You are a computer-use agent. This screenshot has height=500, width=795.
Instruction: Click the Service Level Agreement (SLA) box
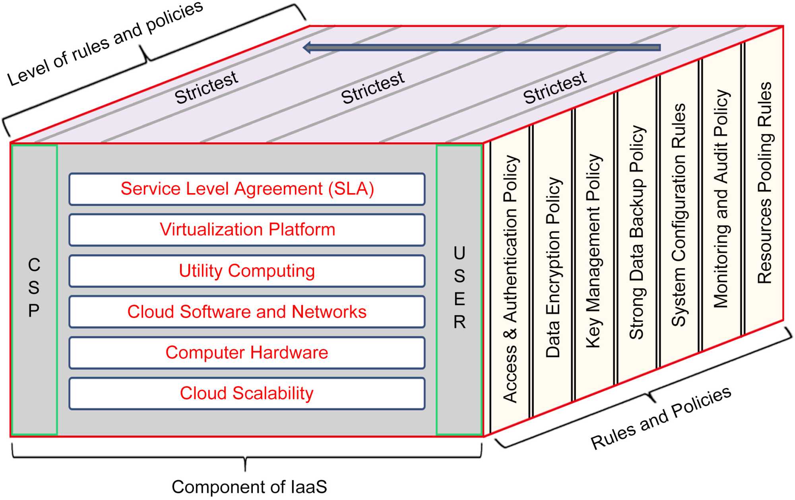point(247,189)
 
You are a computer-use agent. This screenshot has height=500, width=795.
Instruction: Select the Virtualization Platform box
point(247,230)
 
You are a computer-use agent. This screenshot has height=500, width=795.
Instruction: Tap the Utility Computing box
point(247,271)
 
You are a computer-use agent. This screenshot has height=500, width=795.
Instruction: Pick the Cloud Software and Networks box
point(247,312)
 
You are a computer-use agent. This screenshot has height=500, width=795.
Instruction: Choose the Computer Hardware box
point(247,353)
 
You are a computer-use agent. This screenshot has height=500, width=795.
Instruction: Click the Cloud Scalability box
point(247,393)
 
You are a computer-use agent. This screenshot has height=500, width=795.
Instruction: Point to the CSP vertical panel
point(34,289)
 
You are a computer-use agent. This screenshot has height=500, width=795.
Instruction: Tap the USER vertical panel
point(460,289)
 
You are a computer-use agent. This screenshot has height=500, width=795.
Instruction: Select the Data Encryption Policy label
point(553,267)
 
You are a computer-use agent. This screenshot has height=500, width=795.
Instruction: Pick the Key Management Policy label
point(594,251)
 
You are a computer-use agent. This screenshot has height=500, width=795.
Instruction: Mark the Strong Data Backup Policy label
point(637,233)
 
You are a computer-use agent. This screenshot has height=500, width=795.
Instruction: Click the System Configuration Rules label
point(679,215)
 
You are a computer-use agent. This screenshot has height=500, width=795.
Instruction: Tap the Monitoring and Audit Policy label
point(721,199)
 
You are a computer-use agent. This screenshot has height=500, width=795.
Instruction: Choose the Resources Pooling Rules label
point(764,183)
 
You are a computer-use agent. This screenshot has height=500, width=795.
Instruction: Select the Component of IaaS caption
point(249,487)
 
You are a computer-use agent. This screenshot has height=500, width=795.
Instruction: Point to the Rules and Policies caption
point(661,418)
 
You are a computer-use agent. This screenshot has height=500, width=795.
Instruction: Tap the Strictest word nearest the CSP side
point(206,87)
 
